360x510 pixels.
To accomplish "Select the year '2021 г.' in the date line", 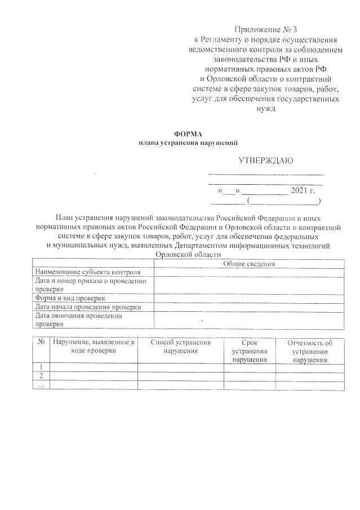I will point(304,190).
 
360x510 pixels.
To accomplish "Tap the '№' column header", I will point(41,342).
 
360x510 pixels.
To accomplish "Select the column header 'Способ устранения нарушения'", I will point(180,346).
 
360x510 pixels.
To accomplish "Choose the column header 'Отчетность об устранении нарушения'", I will point(309,351).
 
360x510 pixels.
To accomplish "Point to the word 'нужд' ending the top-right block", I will point(265,109).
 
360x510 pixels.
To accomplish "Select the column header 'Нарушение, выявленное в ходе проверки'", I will point(94,346).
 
